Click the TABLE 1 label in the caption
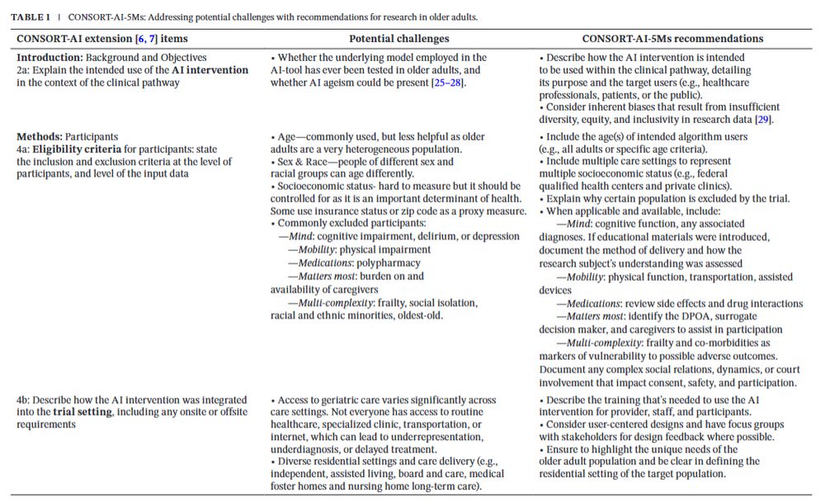click(31, 17)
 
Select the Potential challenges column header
click(398, 38)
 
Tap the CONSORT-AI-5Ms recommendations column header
click(672, 38)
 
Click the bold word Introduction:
click(47, 58)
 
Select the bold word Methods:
click(39, 137)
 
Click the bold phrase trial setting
click(82, 412)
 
